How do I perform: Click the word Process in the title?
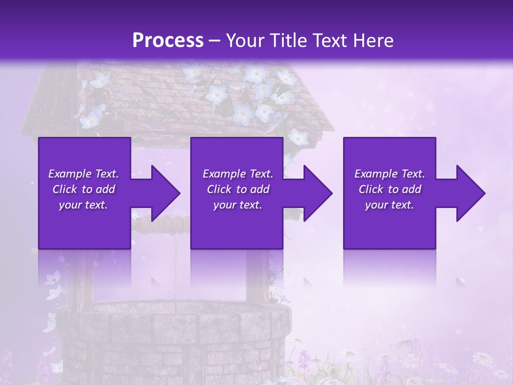(168, 41)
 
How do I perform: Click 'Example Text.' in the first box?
(83, 174)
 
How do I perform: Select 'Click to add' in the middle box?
(238, 189)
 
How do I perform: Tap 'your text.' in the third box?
(389, 205)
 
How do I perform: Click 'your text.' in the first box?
(83, 205)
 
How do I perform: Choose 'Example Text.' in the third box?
(389, 174)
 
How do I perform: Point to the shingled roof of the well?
(160, 102)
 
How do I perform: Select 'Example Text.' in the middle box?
(238, 174)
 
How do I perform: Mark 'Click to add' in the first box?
(83, 189)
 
